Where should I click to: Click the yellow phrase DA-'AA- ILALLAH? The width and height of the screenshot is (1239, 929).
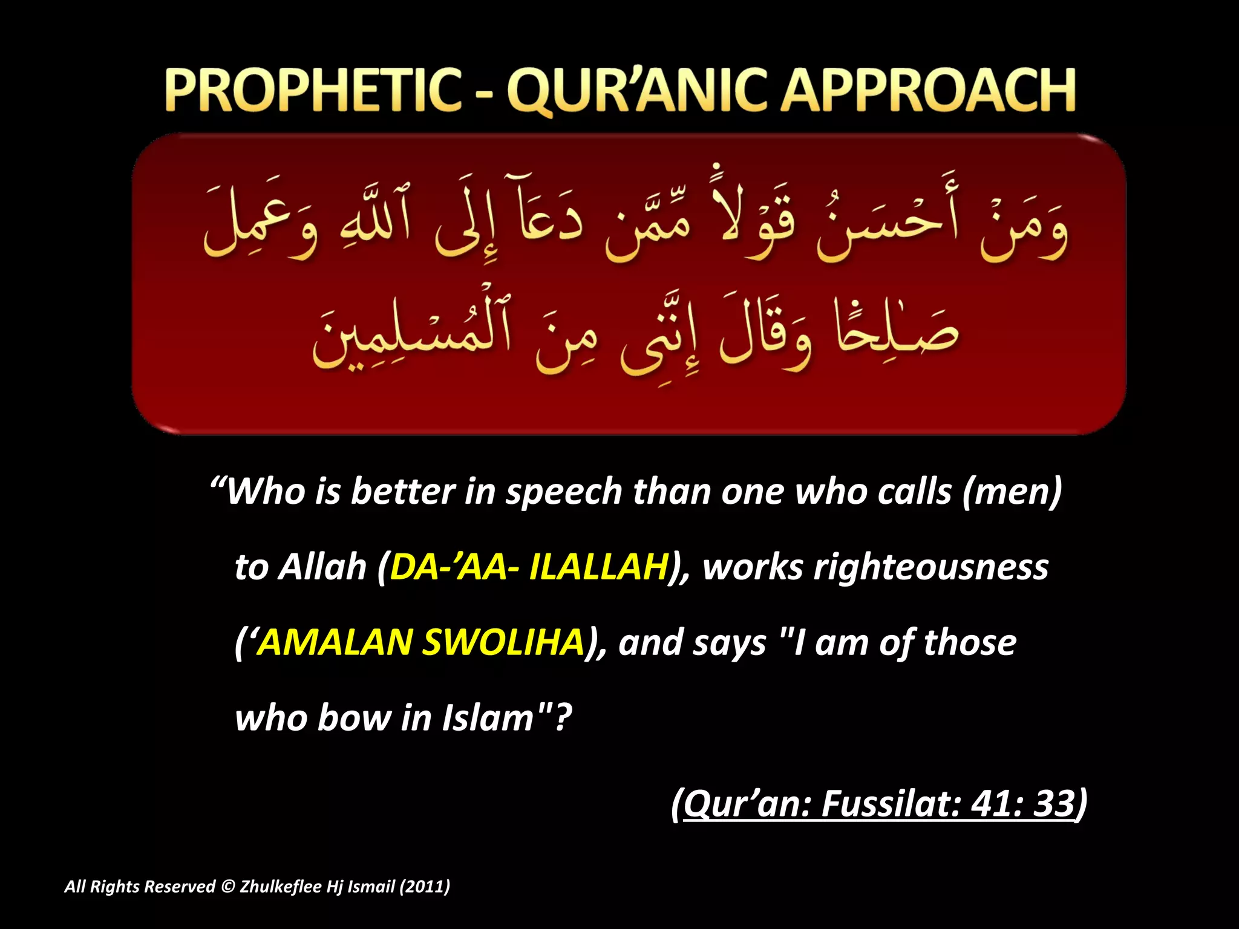point(529,567)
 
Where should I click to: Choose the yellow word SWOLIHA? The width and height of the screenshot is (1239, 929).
point(503,642)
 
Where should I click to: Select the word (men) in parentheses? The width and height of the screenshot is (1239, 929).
point(1011,491)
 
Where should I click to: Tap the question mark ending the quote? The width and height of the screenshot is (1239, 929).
point(563,718)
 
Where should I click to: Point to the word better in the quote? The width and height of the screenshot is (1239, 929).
point(403,491)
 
